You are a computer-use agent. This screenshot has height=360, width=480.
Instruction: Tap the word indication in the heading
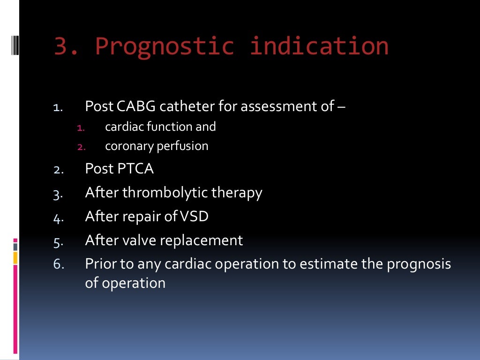(319, 46)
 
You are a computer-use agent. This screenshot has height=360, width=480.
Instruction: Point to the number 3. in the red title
(67, 46)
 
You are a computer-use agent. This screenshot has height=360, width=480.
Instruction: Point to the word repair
(140, 217)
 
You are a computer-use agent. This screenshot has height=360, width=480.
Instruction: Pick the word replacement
(202, 241)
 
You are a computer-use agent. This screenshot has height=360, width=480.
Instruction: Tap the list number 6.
(58, 265)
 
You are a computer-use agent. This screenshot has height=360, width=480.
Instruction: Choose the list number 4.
(58, 217)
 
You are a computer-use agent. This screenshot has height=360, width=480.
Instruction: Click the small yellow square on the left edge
(15, 257)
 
